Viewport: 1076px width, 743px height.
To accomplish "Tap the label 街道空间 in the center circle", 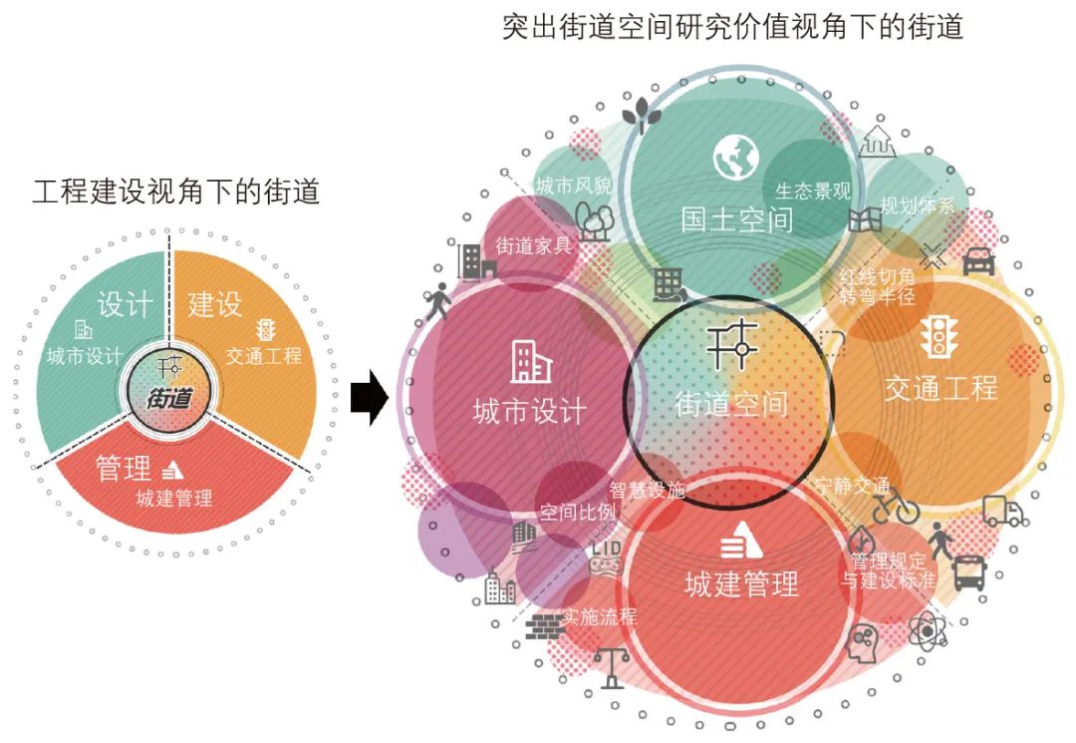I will pyautogui.click(x=731, y=403).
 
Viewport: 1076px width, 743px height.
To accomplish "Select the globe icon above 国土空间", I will pyautogui.click(x=736, y=159).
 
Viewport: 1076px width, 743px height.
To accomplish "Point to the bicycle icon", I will pyautogui.click(x=896, y=506).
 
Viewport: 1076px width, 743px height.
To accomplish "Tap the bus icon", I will pyautogui.click(x=970, y=573).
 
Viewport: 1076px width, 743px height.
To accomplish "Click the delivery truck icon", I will pyautogui.click(x=1002, y=512).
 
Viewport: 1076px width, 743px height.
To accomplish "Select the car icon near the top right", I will pyautogui.click(x=978, y=261).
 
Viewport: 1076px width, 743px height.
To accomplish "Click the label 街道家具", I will pyautogui.click(x=534, y=245).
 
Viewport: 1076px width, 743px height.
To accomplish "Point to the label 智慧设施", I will pyautogui.click(x=648, y=489).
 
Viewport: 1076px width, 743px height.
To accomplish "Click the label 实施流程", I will pyautogui.click(x=599, y=616).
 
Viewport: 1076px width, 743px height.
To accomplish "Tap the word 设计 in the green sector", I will pyautogui.click(x=125, y=304).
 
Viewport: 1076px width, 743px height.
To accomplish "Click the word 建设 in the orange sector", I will pyautogui.click(x=215, y=303).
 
